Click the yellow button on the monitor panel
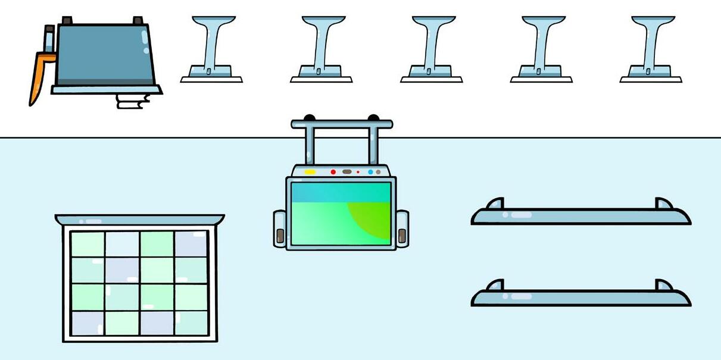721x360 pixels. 310,172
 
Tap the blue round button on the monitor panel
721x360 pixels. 370,172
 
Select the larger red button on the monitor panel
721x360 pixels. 333,172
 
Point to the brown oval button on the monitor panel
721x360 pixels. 347,172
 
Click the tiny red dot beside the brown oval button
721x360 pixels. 358,172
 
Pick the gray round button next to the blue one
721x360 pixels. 378,172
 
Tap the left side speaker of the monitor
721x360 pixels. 280,228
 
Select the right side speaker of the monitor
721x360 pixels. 402,228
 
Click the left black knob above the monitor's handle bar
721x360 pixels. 309,118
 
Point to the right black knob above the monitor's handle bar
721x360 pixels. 373,118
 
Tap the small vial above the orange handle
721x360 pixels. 49,39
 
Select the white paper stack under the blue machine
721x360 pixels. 132,101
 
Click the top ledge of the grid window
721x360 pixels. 140,220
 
